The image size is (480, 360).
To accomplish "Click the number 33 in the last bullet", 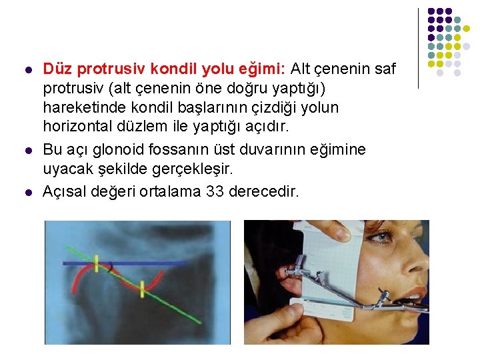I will [216, 192].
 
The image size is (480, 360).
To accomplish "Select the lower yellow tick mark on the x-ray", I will [143, 289].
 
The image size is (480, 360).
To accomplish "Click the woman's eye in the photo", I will [385, 237].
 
